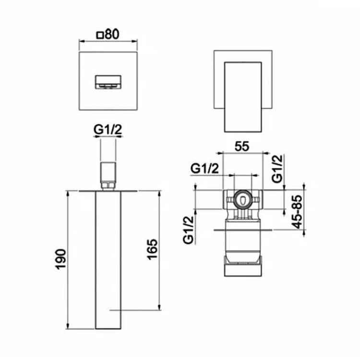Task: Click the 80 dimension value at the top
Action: pos(112,35)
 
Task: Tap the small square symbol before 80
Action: pos(100,36)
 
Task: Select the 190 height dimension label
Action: pos(61,259)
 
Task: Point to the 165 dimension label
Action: pos(153,250)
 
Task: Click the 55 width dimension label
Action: pos(242,146)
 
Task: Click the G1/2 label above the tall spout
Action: pos(108,130)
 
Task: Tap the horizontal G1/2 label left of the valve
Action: pos(204,169)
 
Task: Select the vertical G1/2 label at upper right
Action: pos(277,168)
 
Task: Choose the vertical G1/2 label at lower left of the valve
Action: pos(189,230)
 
